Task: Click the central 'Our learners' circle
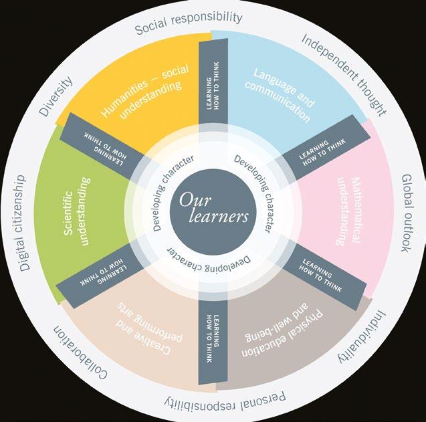[x=213, y=209]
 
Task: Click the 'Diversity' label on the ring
[x=53, y=96]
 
